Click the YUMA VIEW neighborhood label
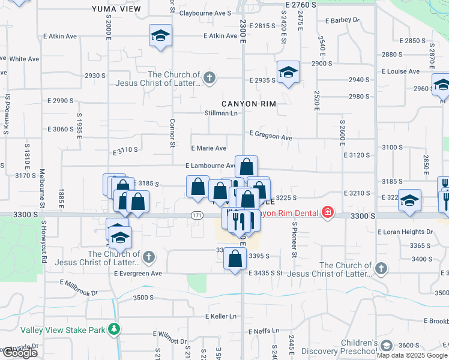116,9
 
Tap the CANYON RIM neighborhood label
249,104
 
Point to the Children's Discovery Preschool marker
385,345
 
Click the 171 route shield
197,215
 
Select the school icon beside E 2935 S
289,72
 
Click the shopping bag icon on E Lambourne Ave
246,166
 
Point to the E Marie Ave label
208,148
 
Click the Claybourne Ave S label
205,13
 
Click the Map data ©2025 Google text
412,355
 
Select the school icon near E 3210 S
410,200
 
